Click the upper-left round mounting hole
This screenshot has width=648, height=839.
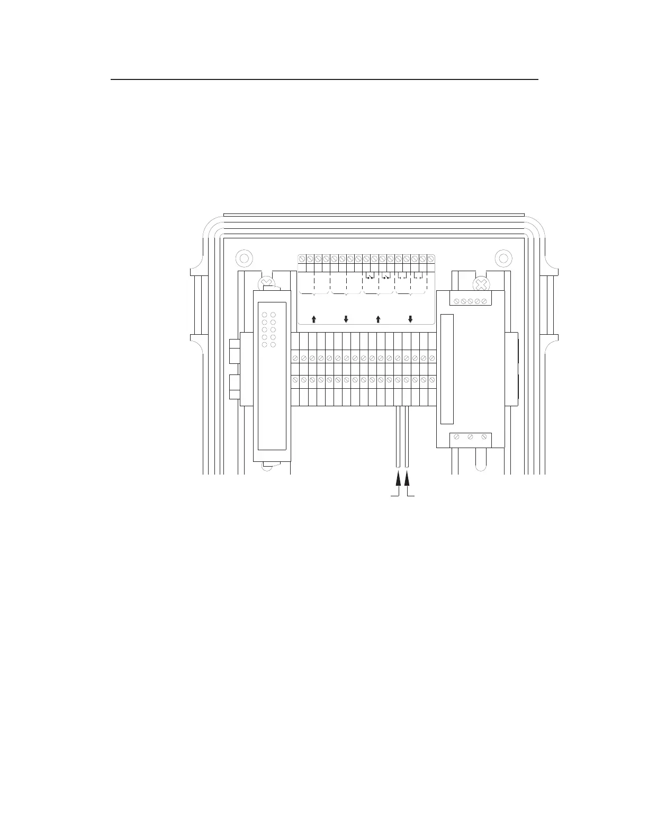pyautogui.click(x=243, y=258)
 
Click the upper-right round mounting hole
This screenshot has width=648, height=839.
pyautogui.click(x=503, y=258)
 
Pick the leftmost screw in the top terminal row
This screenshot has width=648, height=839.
pyautogui.click(x=302, y=259)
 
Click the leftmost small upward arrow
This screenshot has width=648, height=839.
pyautogui.click(x=314, y=319)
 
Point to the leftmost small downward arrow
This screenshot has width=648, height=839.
pyautogui.click(x=346, y=319)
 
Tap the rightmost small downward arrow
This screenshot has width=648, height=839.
pyautogui.click(x=410, y=319)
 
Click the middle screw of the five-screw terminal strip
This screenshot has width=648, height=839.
pyautogui.click(x=470, y=301)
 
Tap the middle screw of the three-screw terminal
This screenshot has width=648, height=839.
pyautogui.click(x=470, y=438)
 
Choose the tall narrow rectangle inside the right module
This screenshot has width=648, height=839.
pyautogui.click(x=447, y=369)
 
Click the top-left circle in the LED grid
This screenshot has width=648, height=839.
pyautogui.click(x=265, y=315)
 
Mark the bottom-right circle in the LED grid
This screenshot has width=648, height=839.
pyautogui.click(x=273, y=345)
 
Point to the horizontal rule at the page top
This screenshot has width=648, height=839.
pyautogui.click(x=324, y=80)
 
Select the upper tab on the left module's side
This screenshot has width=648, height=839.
pyautogui.click(x=235, y=351)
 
